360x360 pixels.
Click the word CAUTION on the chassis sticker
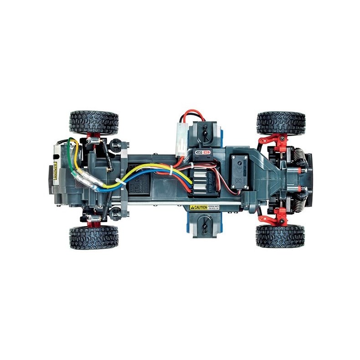coord(199,207)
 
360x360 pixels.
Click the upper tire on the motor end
coord(94,122)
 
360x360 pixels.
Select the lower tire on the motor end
coord(94,237)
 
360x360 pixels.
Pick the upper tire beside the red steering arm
coord(281,122)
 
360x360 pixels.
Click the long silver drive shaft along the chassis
coord(182,203)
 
